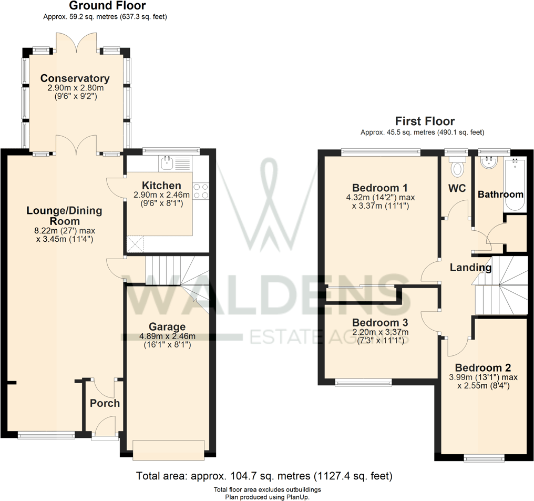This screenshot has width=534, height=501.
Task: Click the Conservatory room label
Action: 75,79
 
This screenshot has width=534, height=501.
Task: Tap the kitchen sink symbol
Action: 168,163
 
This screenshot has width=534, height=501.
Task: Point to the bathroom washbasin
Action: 489,162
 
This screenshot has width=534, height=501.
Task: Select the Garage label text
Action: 167,326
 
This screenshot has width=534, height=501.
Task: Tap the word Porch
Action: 105,403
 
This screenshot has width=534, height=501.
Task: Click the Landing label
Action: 470,268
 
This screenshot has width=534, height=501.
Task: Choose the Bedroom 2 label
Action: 483,367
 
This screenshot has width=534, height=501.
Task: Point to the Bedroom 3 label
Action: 380,322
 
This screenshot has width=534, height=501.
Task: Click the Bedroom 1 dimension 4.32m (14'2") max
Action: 380,198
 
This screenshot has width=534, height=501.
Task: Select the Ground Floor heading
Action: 107,6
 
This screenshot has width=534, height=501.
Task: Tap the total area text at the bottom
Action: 264,476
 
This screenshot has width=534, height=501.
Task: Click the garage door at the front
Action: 168,449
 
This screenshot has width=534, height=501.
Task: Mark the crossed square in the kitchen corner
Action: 135,243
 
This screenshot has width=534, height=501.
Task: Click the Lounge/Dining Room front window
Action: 46,435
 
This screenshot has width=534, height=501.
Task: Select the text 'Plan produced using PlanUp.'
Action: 267,496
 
